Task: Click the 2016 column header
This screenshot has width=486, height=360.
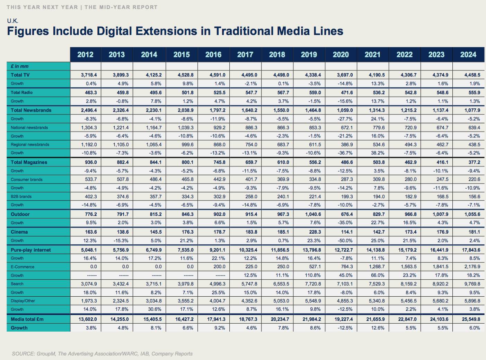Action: click(213, 55)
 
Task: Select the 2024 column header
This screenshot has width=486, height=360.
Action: click(468, 55)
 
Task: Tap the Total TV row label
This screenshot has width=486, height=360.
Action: click(20, 75)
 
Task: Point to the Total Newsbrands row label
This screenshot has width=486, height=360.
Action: click(31, 110)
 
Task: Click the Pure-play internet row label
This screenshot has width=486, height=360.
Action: click(30, 250)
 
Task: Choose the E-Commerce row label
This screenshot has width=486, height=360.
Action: click(23, 267)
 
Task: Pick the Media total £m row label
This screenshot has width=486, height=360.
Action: click(27, 319)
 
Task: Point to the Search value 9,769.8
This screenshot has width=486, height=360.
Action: click(472, 284)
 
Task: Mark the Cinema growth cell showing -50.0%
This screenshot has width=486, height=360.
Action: click(345, 241)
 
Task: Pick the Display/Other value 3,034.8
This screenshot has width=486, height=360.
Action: click(153, 301)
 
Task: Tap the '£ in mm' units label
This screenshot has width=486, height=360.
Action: click(20, 66)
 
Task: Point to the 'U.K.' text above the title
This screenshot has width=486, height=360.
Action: click(13, 21)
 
